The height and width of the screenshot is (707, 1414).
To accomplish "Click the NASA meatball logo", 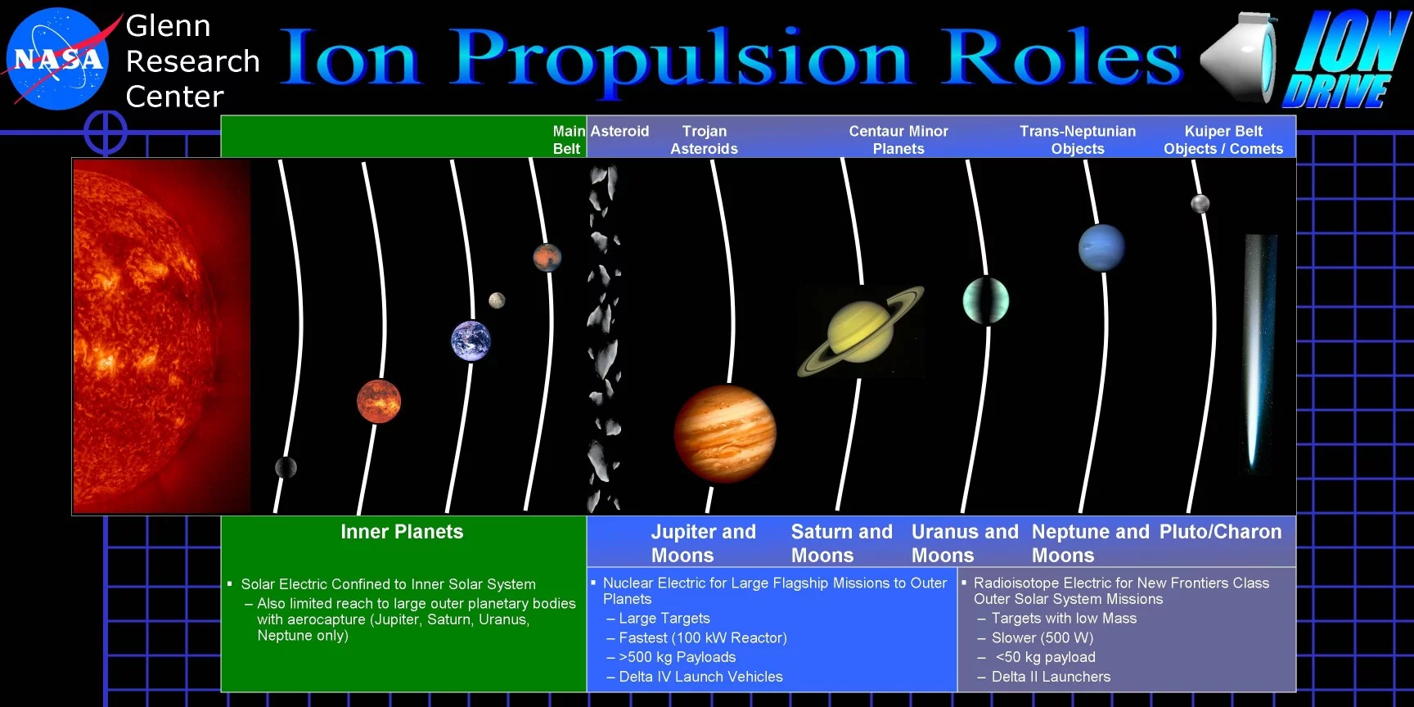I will point(57,58).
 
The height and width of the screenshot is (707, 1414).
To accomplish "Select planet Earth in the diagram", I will point(471,340).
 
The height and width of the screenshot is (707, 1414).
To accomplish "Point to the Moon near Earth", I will point(497,300).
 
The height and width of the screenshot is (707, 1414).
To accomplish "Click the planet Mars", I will point(547,258).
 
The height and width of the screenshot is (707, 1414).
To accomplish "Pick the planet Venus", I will point(379,401).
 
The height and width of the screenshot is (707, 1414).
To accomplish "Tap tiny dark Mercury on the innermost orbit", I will point(286,467).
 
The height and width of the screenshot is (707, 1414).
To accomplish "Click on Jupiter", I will point(725,433).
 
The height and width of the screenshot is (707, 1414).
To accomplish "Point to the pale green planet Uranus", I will point(986,300).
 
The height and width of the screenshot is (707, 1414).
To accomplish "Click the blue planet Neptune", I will point(1101,248).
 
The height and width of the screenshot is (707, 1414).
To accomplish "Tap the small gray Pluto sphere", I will point(1200,203).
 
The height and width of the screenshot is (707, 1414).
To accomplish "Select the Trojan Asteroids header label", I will point(704,140).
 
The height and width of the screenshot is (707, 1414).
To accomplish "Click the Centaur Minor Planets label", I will point(898,140).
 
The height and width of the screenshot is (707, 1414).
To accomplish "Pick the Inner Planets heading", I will point(402,532).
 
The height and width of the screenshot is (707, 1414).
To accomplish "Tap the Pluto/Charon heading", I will point(1220,532).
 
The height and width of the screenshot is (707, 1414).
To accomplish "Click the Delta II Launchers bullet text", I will point(1051,677).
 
